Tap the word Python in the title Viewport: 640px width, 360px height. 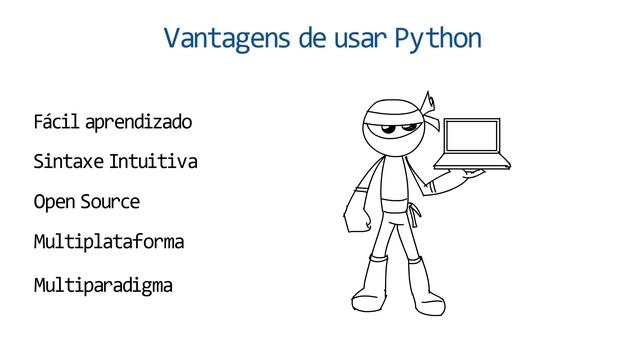(x=438, y=40)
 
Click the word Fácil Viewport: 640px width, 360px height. (x=56, y=123)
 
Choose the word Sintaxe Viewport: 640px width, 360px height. (x=68, y=162)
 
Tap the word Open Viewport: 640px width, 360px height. (x=52, y=202)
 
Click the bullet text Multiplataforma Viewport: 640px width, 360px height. (x=109, y=242)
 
